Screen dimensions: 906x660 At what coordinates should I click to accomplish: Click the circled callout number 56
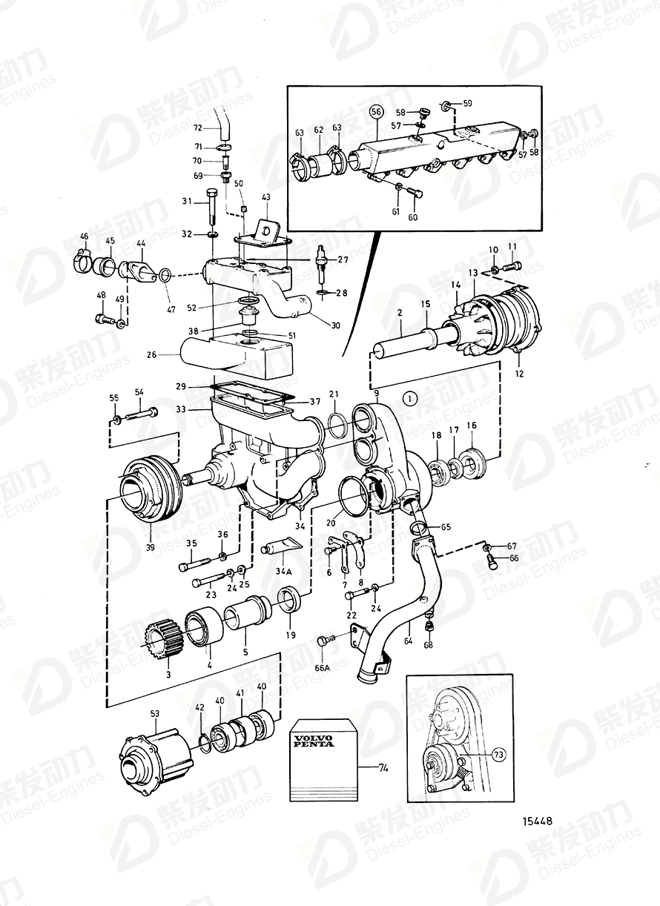coord(376,111)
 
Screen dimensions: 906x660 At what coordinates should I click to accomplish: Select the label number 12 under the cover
coord(519,374)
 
